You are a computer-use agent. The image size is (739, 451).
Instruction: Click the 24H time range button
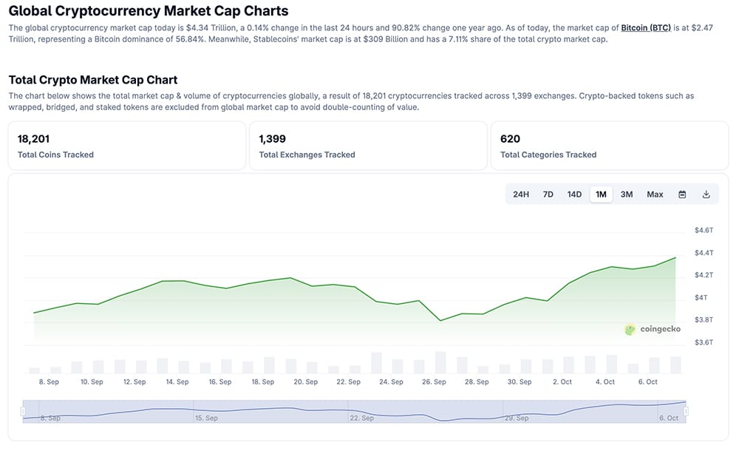pyautogui.click(x=521, y=194)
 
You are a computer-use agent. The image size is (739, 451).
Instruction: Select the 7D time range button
pyautogui.click(x=548, y=194)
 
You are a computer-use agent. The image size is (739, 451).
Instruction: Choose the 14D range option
pyautogui.click(x=574, y=194)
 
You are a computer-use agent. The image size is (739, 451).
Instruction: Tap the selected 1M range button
pyautogui.click(x=601, y=194)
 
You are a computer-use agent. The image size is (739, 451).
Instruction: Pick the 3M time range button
pyautogui.click(x=627, y=194)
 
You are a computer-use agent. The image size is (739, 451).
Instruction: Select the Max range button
pyautogui.click(x=655, y=194)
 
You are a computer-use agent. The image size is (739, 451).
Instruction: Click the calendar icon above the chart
pyautogui.click(x=682, y=194)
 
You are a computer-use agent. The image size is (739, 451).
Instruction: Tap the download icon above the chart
pyautogui.click(x=706, y=194)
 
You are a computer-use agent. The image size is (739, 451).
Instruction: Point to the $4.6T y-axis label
pyautogui.click(x=704, y=231)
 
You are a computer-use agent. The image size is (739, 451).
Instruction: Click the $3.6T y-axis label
pyautogui.click(x=704, y=342)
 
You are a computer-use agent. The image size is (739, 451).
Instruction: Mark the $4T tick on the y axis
pyautogui.click(x=701, y=297)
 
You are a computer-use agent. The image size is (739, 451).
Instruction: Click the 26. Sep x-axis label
pyautogui.click(x=434, y=382)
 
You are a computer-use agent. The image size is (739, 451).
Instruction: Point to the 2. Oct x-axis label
pyautogui.click(x=562, y=382)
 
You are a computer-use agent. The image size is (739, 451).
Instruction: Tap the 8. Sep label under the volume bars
pyautogui.click(x=49, y=382)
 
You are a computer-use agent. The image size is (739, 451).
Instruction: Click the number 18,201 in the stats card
pyautogui.click(x=33, y=138)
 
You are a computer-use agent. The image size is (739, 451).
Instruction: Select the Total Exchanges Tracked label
pyautogui.click(x=307, y=155)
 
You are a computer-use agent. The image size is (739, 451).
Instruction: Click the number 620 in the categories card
pyautogui.click(x=510, y=138)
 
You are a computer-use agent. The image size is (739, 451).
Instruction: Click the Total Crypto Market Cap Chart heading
pyautogui.click(x=93, y=80)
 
